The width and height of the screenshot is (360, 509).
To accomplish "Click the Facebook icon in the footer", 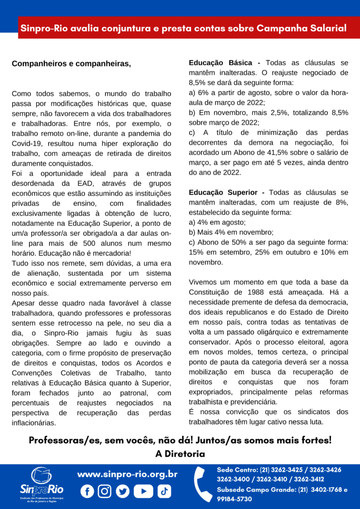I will [87, 491].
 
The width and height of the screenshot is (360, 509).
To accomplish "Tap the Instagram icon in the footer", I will [104, 491].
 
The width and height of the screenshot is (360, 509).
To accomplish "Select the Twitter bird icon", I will [122, 491].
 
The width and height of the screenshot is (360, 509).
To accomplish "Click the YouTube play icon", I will [144, 491].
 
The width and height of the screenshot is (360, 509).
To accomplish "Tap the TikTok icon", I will [164, 491].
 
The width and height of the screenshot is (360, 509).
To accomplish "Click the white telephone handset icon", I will [202, 484].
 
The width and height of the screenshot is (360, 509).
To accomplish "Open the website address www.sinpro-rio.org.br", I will [127, 474].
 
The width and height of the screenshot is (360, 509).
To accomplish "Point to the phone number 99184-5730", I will [234, 499].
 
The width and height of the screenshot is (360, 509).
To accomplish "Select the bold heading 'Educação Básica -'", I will [224, 63].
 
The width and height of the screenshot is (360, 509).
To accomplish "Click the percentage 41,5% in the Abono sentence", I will [292, 153].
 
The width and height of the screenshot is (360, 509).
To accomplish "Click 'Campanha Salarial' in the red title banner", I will [301, 28].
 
